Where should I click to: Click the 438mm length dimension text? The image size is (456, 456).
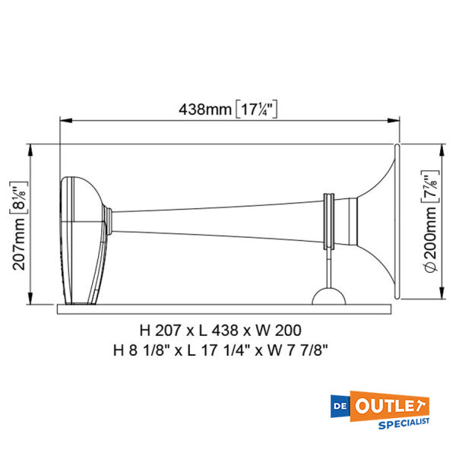(205, 109)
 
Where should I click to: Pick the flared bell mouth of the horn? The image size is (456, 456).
(384, 220)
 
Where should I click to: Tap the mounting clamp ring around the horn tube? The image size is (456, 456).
(330, 220)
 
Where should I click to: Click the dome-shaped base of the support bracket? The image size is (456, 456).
(329, 296)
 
